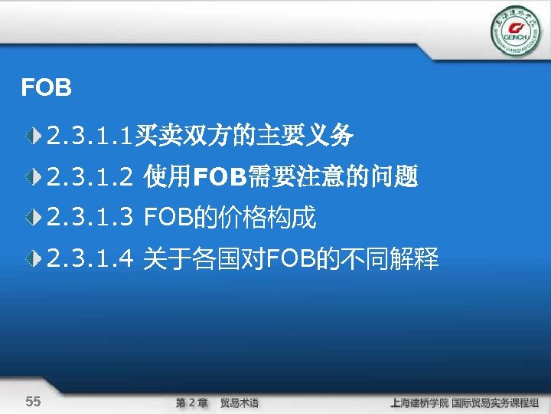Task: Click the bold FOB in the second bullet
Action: pos(216,178)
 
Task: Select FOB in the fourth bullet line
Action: pos(288,260)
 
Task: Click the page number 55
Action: pos(33,402)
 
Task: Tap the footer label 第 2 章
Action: pos(191,402)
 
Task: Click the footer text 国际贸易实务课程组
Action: pos(496,402)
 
